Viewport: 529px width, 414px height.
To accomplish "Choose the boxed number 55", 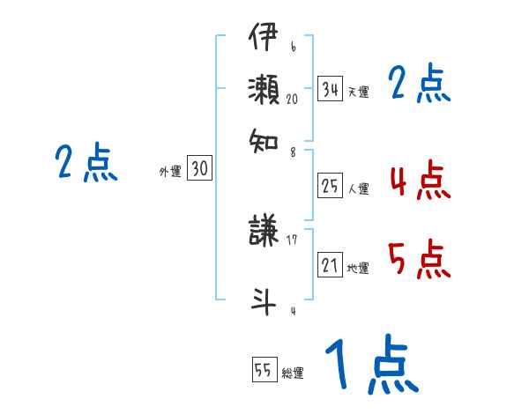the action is click(264, 370).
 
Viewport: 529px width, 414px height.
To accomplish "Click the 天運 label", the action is click(357, 92).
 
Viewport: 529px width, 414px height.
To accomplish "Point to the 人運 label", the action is click(358, 188).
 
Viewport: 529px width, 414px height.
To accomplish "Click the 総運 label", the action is click(292, 373).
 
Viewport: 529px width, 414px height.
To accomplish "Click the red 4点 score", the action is click(418, 181).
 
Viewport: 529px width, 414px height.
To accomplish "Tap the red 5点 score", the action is click(418, 259).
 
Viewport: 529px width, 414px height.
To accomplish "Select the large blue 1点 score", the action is click(370, 365).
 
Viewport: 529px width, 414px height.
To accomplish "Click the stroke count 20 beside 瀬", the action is click(292, 100).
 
